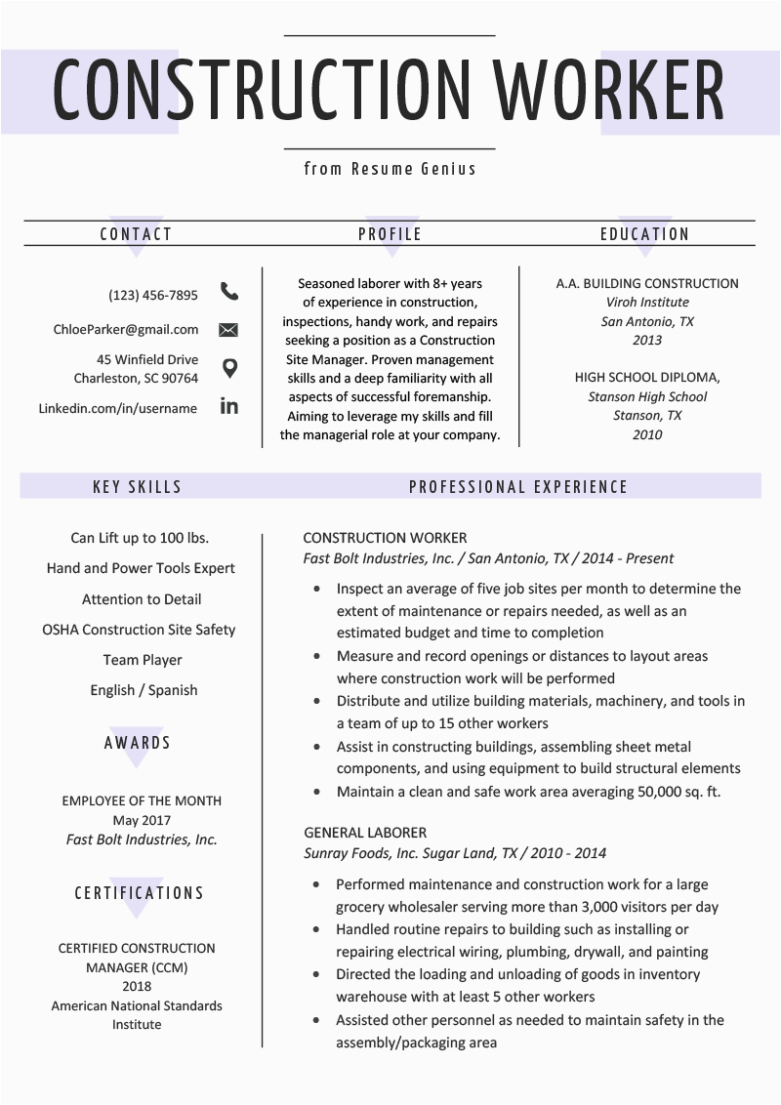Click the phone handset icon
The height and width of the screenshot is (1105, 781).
[x=229, y=292]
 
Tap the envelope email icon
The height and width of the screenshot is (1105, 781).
[x=228, y=330]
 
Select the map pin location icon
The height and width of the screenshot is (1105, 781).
[x=229, y=369]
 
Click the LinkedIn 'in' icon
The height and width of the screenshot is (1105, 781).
[x=228, y=406]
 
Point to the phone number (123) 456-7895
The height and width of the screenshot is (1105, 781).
[x=153, y=295]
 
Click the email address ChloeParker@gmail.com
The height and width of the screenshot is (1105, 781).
[x=126, y=330]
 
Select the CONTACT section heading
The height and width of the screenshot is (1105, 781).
[x=136, y=234]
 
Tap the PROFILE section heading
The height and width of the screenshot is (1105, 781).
[x=390, y=234]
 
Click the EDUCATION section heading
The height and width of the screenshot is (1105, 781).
[x=644, y=234]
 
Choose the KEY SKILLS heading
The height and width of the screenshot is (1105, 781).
[x=138, y=487]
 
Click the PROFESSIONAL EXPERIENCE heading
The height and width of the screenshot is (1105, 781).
[x=518, y=487]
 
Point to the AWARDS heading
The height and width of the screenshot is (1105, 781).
[x=138, y=743]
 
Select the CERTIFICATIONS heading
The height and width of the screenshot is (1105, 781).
[x=140, y=893]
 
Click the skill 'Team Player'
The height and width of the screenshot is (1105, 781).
[x=143, y=660]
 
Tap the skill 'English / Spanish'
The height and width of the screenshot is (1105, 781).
[x=144, y=690]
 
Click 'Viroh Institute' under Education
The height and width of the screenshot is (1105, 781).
[x=647, y=303]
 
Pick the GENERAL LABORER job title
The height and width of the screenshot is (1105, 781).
[x=365, y=833]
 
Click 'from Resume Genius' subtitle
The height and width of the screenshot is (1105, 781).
[x=390, y=169]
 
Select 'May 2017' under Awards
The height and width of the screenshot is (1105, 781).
[x=142, y=820]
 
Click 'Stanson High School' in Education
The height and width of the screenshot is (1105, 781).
[x=647, y=397]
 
